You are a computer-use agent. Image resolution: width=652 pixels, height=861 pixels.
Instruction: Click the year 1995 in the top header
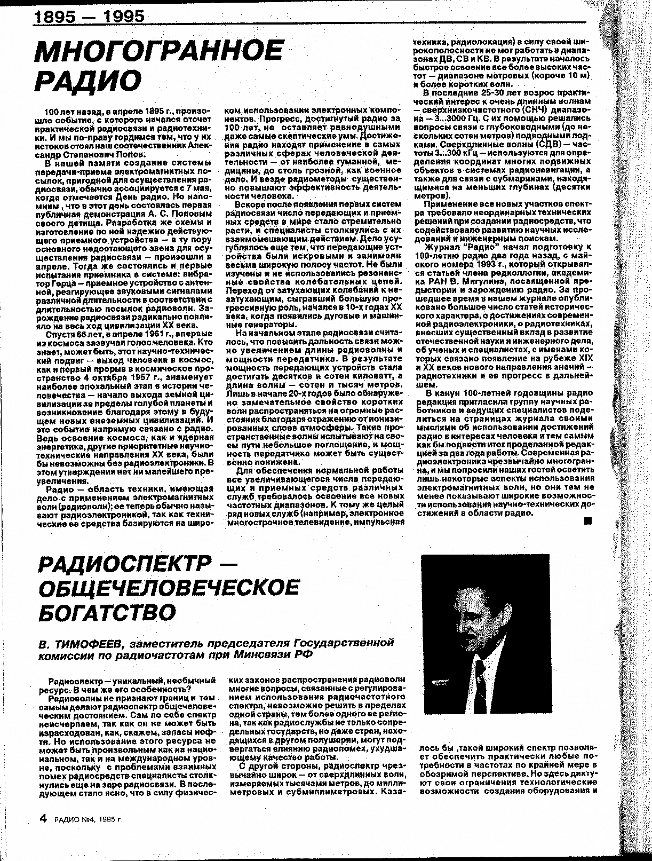point(124,17)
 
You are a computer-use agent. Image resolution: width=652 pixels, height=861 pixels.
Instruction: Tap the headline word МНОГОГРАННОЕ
point(158,52)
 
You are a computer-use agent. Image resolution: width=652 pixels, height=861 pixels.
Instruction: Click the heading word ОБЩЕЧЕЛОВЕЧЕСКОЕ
point(169,588)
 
